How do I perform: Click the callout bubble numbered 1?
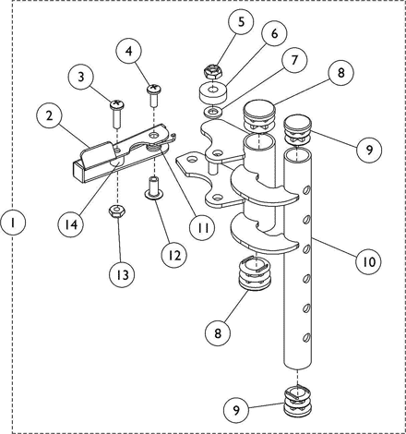(13, 223)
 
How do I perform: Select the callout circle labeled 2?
(49, 116)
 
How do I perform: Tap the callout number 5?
(241, 22)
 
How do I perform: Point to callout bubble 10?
(368, 261)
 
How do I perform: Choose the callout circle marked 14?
(71, 224)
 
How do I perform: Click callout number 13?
(122, 274)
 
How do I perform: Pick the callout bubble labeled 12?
(174, 255)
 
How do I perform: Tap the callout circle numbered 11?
(202, 227)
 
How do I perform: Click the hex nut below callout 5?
(213, 71)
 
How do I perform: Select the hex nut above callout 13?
(116, 211)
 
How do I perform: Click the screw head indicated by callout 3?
(116, 104)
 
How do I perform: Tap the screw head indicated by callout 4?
(153, 90)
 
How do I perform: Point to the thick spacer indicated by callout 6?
(212, 92)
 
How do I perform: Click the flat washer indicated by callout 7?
(212, 112)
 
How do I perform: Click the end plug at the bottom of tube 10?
(297, 399)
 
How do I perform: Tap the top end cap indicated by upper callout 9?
(298, 129)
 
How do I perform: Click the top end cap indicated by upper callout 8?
(259, 117)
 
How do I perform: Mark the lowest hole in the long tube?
(306, 338)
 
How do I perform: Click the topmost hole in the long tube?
(306, 191)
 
